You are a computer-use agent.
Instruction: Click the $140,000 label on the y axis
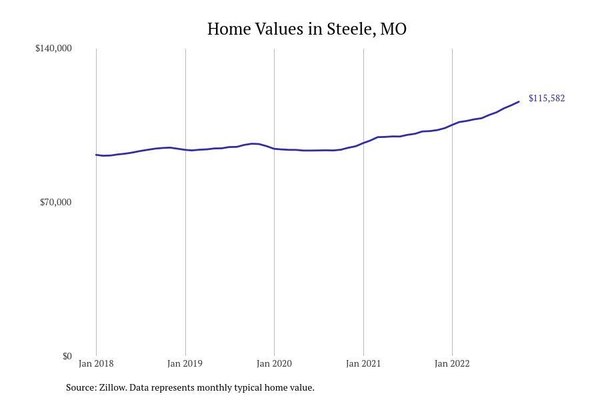coord(53,48)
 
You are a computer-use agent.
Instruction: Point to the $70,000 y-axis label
coord(56,202)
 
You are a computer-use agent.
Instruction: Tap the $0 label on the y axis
coord(67,357)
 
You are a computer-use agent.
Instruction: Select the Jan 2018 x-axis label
coord(96,363)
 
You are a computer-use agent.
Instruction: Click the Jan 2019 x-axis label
coord(185,363)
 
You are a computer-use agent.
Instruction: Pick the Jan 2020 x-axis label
coord(274,363)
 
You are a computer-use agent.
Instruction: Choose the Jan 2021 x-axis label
coord(363,363)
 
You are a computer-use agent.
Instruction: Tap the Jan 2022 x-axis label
coord(452,363)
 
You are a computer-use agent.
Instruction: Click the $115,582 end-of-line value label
coord(547,99)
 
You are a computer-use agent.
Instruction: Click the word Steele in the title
coord(351,29)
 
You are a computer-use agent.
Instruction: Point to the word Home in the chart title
coord(229,29)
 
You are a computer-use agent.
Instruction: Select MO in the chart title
coord(393,29)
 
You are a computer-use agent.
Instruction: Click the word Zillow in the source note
coord(113,387)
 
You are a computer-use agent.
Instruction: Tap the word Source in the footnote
coord(81,387)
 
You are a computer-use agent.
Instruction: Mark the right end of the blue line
coord(519,101)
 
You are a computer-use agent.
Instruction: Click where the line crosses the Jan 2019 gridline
coord(185,149)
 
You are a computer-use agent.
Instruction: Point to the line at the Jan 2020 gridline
coord(275,149)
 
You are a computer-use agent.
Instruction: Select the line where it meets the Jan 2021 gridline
coord(363,143)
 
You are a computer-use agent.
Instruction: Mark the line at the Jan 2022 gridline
coord(452,125)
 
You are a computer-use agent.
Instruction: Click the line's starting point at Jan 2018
coord(96,155)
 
